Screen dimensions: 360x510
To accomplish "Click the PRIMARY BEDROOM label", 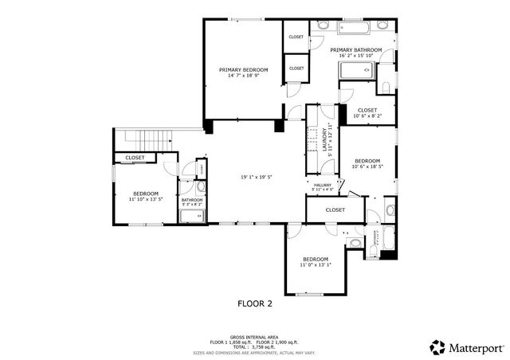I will (243, 70).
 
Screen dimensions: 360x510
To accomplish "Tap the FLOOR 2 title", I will (255, 303).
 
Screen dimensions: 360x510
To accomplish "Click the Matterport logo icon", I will (437, 346).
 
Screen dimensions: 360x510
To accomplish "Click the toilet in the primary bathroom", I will (384, 86).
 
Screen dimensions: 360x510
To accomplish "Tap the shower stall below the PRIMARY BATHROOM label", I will (355, 72).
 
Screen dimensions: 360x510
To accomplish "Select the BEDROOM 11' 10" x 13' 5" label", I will (146, 197).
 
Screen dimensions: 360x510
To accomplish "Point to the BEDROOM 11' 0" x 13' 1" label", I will (316, 261).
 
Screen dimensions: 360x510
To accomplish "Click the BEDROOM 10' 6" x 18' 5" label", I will (367, 163).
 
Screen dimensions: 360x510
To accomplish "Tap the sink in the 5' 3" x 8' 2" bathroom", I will (201, 188).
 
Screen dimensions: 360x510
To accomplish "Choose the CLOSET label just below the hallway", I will (335, 209).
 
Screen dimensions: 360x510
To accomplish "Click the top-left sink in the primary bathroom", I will (322, 25).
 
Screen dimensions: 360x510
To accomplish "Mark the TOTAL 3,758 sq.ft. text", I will (255, 346).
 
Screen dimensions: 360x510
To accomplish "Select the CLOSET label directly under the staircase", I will (135, 158).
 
